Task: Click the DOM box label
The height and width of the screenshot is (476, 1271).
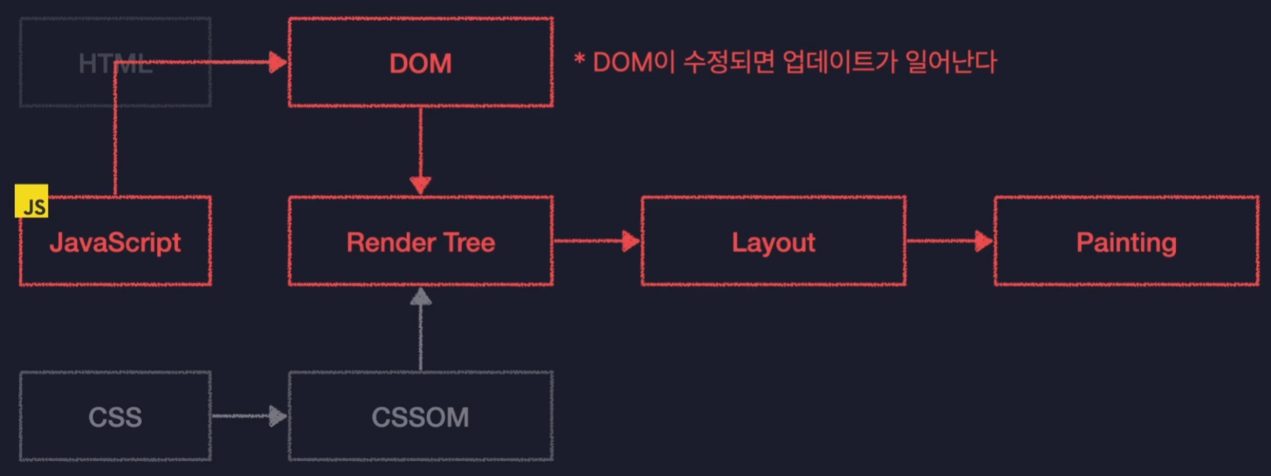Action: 421,64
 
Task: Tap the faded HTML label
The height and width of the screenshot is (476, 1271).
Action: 115,64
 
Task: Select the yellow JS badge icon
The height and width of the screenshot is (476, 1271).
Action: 31,202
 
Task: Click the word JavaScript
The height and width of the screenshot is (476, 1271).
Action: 115,242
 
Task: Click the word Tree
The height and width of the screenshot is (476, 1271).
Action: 469,242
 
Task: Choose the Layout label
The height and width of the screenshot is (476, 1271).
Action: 773,242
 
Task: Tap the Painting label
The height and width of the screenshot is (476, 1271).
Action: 1126,242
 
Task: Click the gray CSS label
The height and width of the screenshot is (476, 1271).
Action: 115,417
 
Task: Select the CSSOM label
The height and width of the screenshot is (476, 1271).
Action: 421,417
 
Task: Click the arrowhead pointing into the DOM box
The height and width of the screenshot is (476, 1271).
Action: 278,62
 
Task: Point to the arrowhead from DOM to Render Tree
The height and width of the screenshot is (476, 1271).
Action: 421,184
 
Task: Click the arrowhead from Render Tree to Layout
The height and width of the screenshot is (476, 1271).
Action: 631,241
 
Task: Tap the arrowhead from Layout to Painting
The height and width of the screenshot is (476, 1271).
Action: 984,241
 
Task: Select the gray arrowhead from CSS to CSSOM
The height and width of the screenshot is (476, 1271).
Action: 278,416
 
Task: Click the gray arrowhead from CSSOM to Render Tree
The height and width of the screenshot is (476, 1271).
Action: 421,297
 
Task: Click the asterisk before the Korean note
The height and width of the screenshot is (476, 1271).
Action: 579,59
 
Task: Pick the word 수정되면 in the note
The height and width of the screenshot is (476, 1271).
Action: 729,62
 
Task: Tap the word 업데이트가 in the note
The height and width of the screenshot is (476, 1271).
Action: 840,62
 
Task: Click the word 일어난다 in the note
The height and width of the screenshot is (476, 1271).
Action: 951,62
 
